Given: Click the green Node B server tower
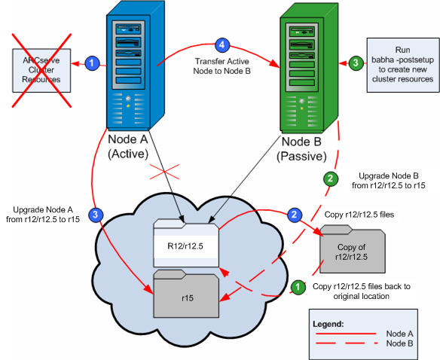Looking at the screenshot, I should click(307, 68).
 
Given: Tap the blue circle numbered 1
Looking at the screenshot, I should click(91, 63).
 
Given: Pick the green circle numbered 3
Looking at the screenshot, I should click(354, 63).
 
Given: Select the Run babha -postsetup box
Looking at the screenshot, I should click(400, 64).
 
